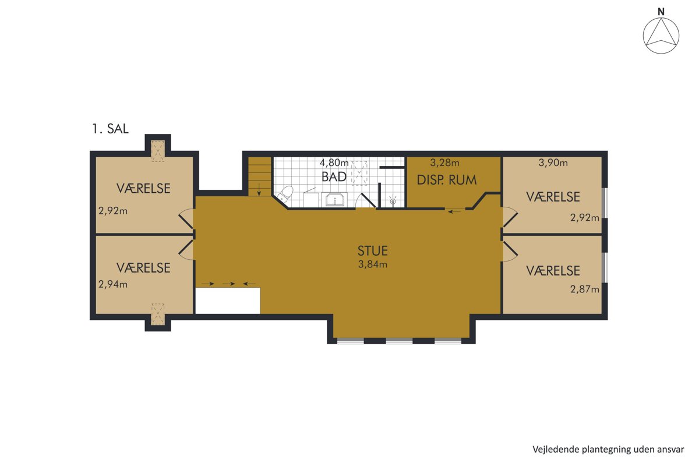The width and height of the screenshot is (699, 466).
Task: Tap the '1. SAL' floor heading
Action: [x=111, y=129]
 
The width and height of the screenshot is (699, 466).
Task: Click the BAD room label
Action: [x=334, y=177]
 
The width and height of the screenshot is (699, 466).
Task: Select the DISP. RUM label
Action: [x=447, y=180]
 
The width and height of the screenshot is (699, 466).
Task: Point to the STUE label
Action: [x=373, y=250]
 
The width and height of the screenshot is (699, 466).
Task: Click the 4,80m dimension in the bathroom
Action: [x=334, y=163]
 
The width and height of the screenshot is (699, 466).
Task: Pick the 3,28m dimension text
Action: [x=444, y=163]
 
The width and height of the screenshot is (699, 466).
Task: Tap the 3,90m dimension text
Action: [x=553, y=163]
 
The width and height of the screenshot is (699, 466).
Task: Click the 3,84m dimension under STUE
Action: [x=373, y=264]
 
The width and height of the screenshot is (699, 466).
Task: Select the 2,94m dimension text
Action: [x=113, y=284]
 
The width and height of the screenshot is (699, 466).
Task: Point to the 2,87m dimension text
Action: [x=585, y=290]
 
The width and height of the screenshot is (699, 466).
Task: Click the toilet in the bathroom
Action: [x=285, y=193]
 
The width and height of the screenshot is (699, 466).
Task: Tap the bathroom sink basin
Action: [x=334, y=200]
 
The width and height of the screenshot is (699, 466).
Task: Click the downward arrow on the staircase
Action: [x=259, y=190]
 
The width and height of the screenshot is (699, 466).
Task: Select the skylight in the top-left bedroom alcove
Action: [x=158, y=151]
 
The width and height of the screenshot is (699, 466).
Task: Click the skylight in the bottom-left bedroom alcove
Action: [x=158, y=314]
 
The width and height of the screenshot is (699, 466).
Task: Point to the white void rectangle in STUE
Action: [x=228, y=301]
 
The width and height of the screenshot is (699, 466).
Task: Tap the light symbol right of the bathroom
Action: [x=393, y=200]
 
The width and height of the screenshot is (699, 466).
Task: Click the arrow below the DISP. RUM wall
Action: [x=454, y=212]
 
